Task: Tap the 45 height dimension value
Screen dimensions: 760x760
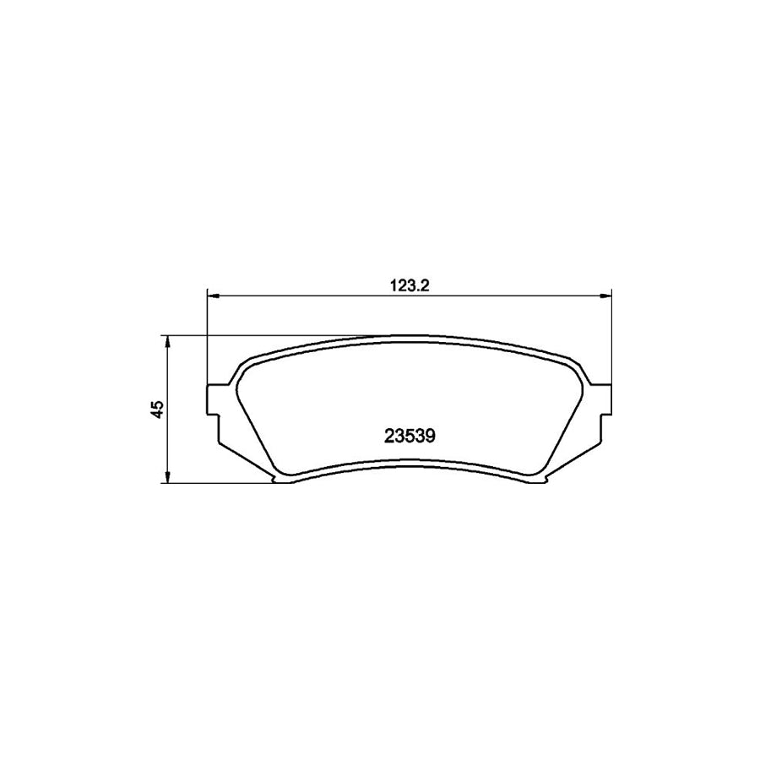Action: (156, 409)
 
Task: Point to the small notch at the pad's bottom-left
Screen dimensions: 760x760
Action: (279, 481)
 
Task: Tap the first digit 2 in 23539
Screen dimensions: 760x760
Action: (388, 437)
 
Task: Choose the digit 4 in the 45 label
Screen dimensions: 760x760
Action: (156, 414)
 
